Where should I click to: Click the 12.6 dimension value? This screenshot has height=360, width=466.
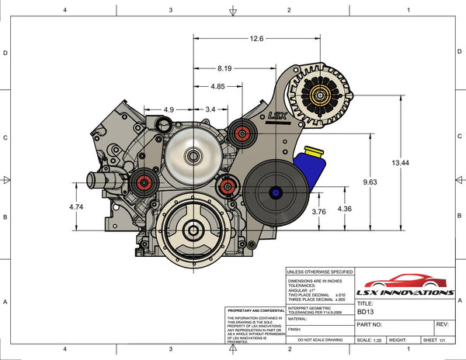(256, 38)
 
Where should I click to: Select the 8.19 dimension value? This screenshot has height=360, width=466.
(224, 68)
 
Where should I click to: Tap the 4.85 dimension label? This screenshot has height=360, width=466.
(217, 87)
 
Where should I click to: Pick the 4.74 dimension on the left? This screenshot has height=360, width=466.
(75, 207)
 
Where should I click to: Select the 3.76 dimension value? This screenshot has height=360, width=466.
(318, 211)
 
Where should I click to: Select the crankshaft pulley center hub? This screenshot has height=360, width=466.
(190, 230)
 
